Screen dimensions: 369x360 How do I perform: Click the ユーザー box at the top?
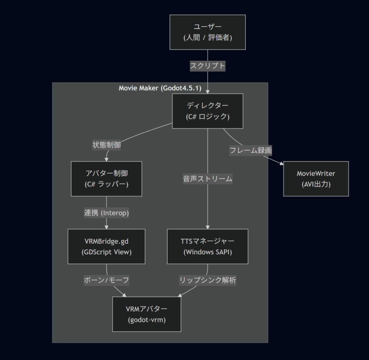point(208,32)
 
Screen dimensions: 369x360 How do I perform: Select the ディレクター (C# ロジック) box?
point(208,111)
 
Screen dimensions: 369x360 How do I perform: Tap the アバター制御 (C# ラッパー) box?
point(106,179)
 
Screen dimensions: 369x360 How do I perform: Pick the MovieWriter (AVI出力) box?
point(316,179)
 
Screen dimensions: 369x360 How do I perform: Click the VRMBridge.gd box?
point(106,246)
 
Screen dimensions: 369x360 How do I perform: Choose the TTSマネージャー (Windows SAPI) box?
point(208,246)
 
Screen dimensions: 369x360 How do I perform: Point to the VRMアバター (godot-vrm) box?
point(147,314)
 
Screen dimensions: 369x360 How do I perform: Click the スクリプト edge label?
point(208,66)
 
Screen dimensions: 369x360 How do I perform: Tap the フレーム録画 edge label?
point(251,150)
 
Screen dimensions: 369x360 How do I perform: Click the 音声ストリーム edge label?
point(208,179)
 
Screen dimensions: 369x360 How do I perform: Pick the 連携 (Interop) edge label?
point(106,213)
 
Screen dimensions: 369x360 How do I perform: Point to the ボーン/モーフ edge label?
point(106,280)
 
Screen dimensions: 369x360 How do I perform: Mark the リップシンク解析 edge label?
point(208,280)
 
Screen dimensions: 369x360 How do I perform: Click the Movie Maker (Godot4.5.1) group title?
point(160,88)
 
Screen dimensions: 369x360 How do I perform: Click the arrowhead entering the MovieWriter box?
point(281,163)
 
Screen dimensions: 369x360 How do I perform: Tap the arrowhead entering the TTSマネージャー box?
point(208,227)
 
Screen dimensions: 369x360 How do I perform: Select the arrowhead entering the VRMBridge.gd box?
point(106,227)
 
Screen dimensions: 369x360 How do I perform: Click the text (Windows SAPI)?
point(208,252)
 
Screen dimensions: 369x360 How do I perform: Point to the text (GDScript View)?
point(106,252)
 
